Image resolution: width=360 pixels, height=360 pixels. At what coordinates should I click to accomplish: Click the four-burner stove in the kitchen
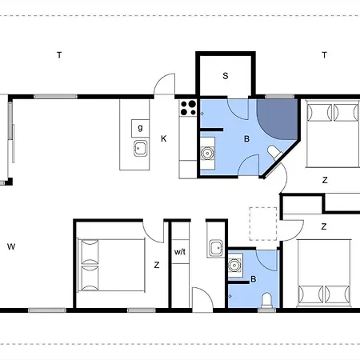point(188,108)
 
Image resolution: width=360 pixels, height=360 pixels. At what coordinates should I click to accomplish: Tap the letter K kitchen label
point(164,138)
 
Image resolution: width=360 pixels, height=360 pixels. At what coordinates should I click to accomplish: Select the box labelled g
point(140,129)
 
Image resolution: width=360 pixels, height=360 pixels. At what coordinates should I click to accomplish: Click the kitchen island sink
point(140,148)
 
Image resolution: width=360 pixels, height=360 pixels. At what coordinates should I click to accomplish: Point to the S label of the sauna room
point(226,76)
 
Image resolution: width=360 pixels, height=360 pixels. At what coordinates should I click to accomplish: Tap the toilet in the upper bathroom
point(274,153)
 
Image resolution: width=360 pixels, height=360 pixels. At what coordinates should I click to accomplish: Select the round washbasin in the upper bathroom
point(207,154)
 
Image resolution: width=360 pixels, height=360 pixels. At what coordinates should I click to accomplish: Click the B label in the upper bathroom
point(246,138)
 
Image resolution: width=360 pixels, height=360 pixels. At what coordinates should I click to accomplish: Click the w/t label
point(180,252)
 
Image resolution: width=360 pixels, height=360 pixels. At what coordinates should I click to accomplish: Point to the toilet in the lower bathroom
point(266,301)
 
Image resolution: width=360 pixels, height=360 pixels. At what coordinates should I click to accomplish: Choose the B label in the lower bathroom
point(254,279)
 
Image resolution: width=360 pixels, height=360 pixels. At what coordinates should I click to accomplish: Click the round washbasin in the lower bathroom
point(235,266)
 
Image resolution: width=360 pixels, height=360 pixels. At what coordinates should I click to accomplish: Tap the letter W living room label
point(11,246)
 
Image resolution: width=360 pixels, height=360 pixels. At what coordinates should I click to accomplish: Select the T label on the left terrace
point(59,55)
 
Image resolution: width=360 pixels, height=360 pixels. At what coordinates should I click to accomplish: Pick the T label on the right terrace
point(324,55)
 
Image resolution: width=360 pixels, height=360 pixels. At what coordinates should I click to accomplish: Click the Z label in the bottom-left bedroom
point(157,265)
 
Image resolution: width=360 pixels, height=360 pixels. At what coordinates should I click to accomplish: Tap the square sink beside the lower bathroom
point(216,249)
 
